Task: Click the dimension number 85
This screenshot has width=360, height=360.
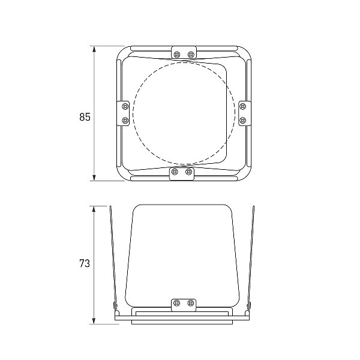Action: pos(85,117)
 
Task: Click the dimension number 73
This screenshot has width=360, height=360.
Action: pos(85,263)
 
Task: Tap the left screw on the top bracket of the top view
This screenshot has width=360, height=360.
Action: pos(177,55)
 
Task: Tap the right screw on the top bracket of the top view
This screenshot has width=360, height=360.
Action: pos(191,55)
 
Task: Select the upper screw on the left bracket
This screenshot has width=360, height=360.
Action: pos(125,107)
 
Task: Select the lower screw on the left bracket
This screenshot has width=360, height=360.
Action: pos(125,120)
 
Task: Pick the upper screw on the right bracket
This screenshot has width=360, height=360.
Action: pos(242,106)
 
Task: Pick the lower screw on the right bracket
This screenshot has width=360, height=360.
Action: pos(242,120)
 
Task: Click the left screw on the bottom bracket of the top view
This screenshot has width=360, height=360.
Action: pos(175,171)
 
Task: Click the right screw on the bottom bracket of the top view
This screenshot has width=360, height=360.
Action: pos(188,171)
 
